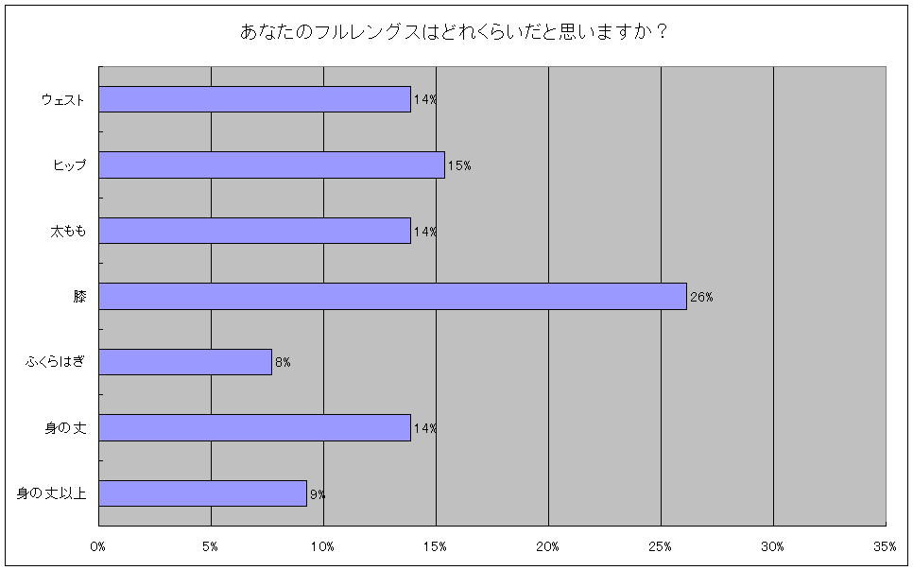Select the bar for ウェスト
pyautogui.click(x=254, y=99)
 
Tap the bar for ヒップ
pyautogui.click(x=271, y=165)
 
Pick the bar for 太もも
pyautogui.click(x=254, y=231)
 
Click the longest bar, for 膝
pyautogui.click(x=392, y=297)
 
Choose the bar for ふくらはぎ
pyautogui.click(x=185, y=362)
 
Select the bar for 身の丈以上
pyautogui.click(x=202, y=493)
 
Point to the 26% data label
pyautogui.click(x=701, y=297)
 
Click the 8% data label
pyautogui.click(x=283, y=363)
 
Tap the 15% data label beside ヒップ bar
pyautogui.click(x=459, y=165)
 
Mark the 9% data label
pyautogui.click(x=318, y=493)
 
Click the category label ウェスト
pyautogui.click(x=63, y=99)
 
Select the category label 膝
pyautogui.click(x=79, y=297)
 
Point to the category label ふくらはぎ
pyautogui.click(x=56, y=363)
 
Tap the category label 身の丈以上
pyautogui.click(x=52, y=493)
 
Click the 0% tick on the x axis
pyautogui.click(x=98, y=546)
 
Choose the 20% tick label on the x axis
pyautogui.click(x=548, y=546)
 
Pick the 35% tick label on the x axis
pyautogui.click(x=885, y=546)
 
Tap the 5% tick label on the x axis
pyautogui.click(x=210, y=546)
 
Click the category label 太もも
pyautogui.click(x=68, y=232)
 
